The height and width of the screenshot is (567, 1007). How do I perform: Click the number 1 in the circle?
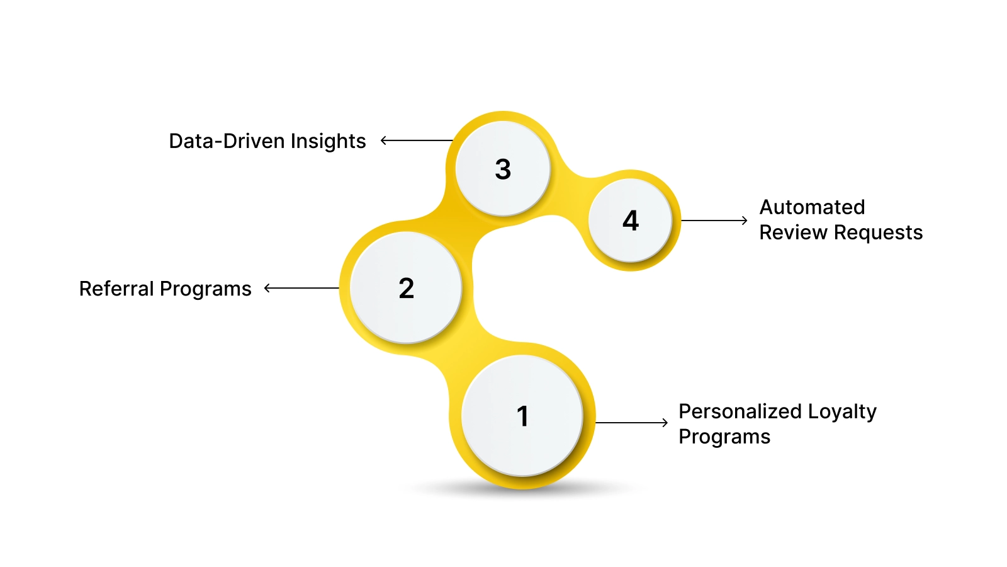click(522, 416)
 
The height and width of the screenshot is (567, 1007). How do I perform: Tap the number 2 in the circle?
click(407, 289)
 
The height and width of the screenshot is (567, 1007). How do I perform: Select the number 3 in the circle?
click(503, 169)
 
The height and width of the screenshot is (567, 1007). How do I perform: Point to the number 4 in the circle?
click(631, 220)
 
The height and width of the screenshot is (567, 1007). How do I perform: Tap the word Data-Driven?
click(227, 141)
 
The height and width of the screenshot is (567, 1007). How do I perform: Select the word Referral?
click(116, 289)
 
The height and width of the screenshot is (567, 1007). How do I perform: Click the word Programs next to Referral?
click(205, 289)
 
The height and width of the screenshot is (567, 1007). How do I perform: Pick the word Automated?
click(812, 207)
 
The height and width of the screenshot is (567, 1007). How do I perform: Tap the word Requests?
click(878, 232)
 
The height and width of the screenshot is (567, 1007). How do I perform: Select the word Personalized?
click(740, 411)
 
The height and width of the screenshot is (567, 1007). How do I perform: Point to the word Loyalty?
click(842, 411)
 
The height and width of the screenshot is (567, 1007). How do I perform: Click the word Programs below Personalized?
click(724, 437)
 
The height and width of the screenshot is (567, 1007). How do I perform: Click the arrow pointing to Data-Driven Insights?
click(416, 140)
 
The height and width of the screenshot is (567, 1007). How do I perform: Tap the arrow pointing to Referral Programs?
click(301, 288)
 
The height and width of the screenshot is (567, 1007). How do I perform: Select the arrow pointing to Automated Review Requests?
click(714, 220)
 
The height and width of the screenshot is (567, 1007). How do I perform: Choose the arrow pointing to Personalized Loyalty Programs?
click(631, 423)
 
